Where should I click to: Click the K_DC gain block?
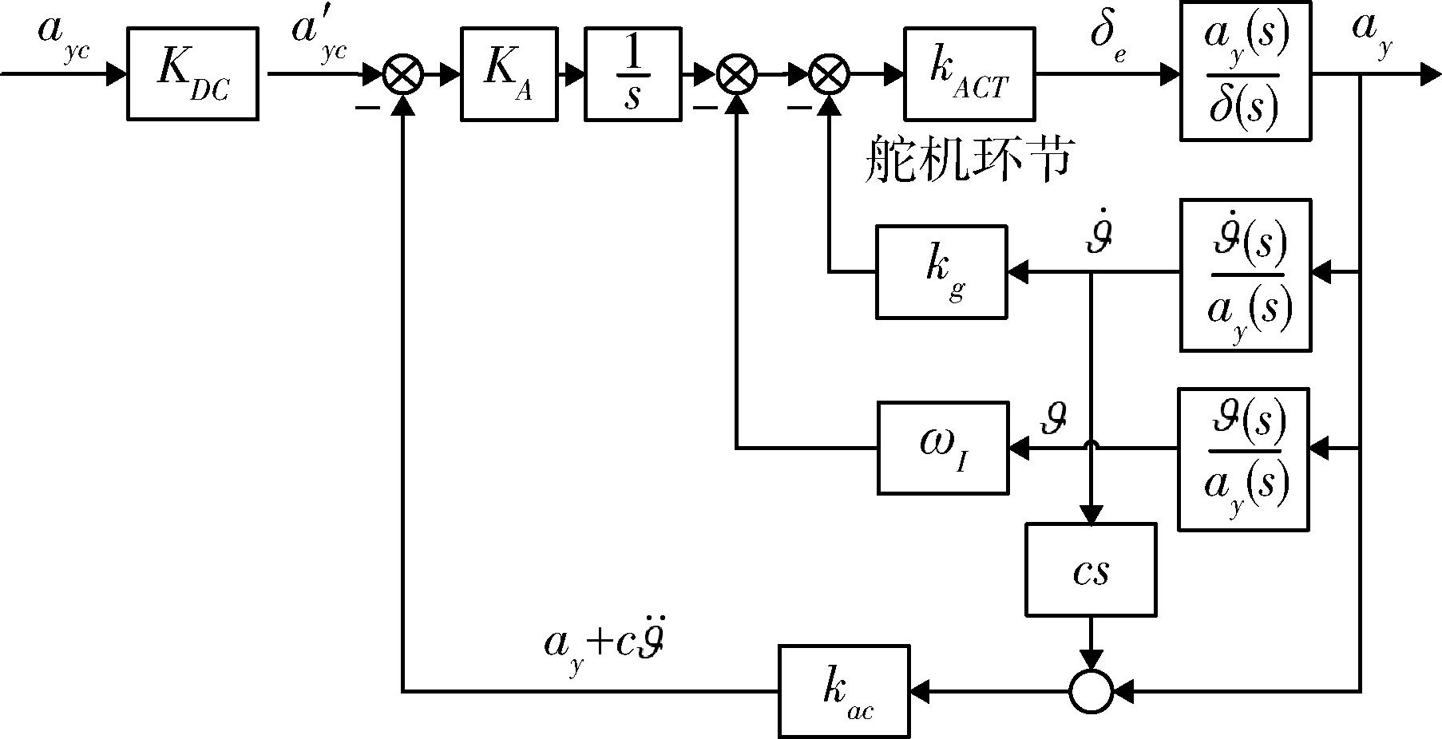coord(192,74)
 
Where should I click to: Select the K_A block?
coord(509,74)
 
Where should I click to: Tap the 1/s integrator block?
coord(633,74)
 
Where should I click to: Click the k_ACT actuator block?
coord(969,74)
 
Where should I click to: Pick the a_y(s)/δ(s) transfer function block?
coord(1246,72)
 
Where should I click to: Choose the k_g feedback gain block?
coord(941,272)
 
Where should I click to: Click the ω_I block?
coord(943,448)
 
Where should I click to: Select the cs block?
coord(1091,570)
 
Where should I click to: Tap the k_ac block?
coord(844,691)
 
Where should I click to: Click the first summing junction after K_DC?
coord(403,75)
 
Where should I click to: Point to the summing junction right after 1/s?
coord(736,75)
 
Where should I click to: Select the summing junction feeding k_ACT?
coord(830,75)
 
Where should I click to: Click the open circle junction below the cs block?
coord(1091,691)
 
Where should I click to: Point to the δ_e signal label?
coord(1108,38)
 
